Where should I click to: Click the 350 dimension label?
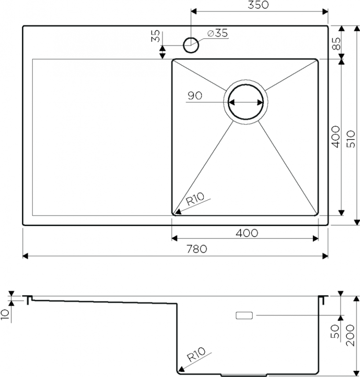(258, 5)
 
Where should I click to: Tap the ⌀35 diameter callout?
(217, 33)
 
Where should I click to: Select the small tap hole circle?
(191, 45)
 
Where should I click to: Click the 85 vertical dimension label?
(337, 43)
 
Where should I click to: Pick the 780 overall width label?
(196, 249)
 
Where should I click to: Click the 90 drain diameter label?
(195, 96)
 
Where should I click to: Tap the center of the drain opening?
(246, 102)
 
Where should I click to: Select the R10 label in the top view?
(195, 199)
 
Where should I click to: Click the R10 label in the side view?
(196, 355)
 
